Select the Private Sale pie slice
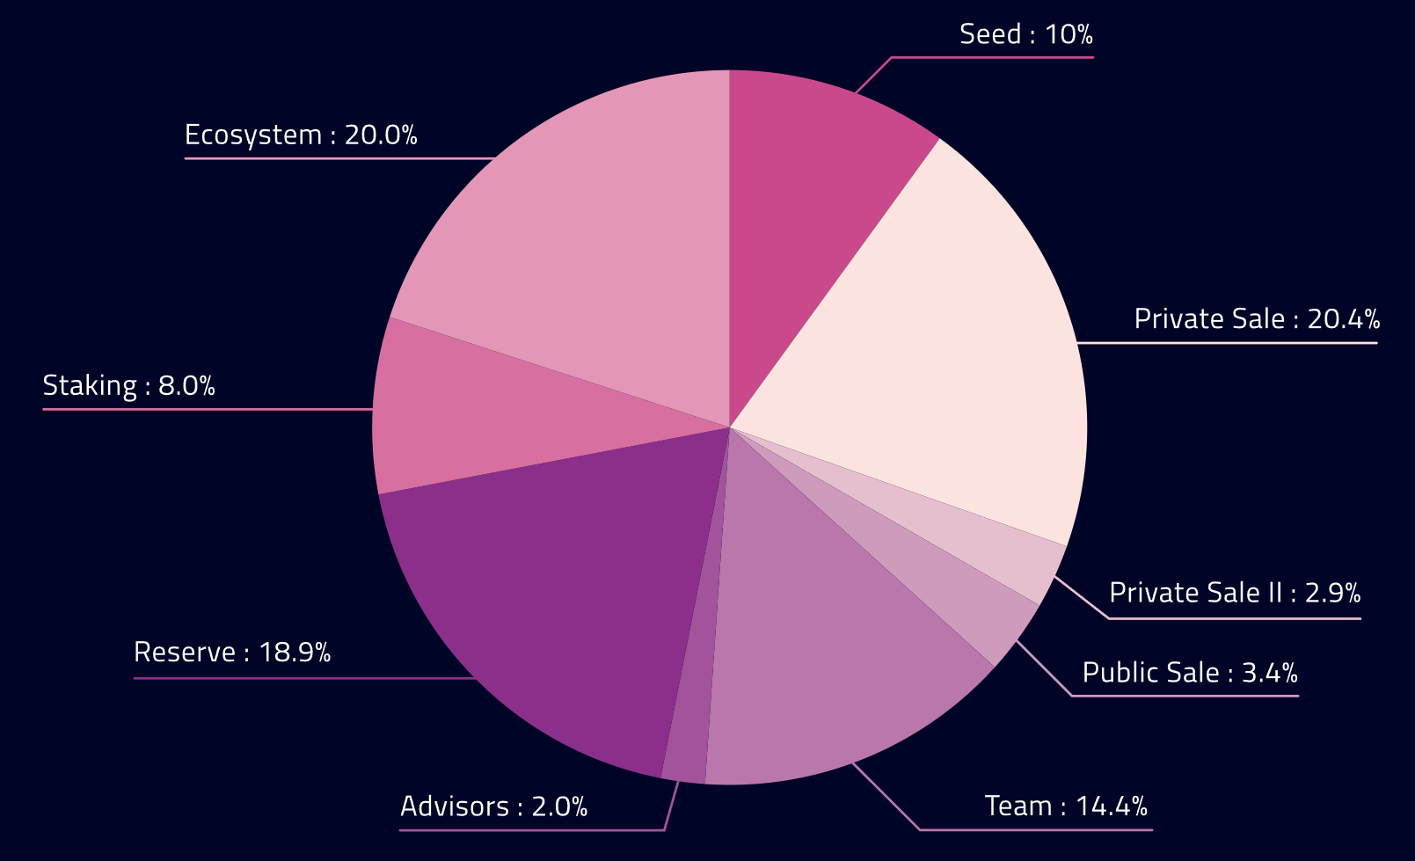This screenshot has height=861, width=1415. coord(950,352)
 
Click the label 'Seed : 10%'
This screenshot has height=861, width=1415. coord(1025,34)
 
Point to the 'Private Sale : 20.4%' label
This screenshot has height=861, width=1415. coord(1257,318)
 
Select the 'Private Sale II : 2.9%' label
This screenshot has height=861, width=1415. coord(1235,593)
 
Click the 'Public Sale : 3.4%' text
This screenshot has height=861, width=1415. coord(1190,673)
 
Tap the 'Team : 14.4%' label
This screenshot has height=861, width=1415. coord(1066,806)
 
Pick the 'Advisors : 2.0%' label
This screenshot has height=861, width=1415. coord(493,806)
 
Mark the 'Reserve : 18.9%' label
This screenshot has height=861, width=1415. coord(232,652)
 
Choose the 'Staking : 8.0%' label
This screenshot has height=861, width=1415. coord(128,385)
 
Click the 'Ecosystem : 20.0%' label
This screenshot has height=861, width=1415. coord(301,135)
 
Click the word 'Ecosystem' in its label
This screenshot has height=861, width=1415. coord(253,135)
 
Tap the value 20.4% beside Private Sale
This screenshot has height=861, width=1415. coord(1344,318)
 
